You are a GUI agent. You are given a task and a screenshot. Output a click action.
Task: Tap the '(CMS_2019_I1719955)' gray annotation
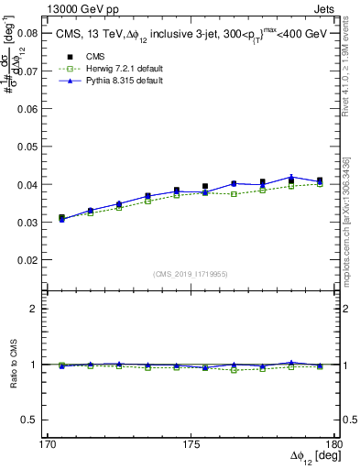[191, 273]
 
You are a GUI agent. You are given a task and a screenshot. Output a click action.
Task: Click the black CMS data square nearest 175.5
[205, 187]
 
